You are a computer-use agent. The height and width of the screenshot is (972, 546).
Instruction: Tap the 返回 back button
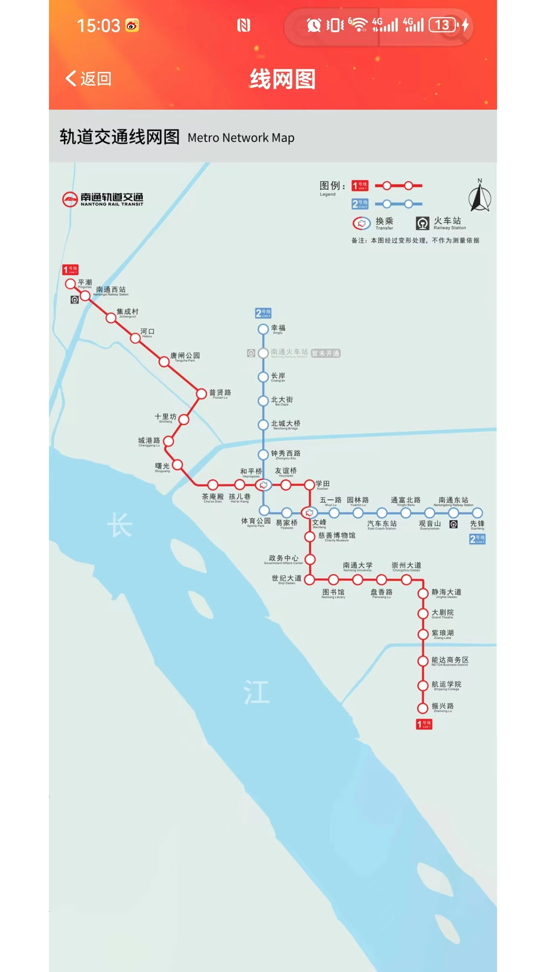pyautogui.click(x=88, y=79)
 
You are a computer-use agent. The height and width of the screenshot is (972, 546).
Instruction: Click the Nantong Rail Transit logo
pyautogui.click(x=103, y=199)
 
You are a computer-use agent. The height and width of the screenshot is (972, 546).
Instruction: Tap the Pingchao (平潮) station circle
pyautogui.click(x=71, y=284)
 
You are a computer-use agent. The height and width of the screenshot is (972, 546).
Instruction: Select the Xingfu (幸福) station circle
pyautogui.click(x=263, y=329)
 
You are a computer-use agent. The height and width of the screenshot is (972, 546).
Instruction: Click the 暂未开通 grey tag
pyautogui.click(x=326, y=353)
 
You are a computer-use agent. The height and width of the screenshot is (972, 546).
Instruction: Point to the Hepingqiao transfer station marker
pyautogui.click(x=263, y=485)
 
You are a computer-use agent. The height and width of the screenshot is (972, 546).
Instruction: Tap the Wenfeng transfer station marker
pyautogui.click(x=309, y=513)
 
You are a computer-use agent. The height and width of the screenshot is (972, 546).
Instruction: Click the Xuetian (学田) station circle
pyautogui.click(x=310, y=485)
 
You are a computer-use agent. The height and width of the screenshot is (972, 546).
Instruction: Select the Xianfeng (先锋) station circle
pyautogui.click(x=478, y=513)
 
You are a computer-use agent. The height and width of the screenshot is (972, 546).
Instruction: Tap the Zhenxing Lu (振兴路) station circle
pyautogui.click(x=423, y=708)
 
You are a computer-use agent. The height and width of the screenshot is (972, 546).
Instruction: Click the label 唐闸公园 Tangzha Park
pyautogui.click(x=185, y=356)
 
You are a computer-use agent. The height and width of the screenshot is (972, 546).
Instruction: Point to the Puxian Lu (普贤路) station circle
pyautogui.click(x=202, y=393)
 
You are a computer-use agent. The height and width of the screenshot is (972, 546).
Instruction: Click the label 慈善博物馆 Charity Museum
pyautogui.click(x=336, y=537)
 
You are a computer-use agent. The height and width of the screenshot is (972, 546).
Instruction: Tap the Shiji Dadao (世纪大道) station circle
pyautogui.click(x=310, y=579)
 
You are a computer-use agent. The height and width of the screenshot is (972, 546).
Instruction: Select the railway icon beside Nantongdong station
pyautogui.click(x=453, y=524)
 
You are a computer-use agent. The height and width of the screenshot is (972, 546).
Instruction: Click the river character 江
pyautogui.click(x=256, y=692)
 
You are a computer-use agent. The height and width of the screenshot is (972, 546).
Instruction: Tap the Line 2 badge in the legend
pyautogui.click(x=360, y=204)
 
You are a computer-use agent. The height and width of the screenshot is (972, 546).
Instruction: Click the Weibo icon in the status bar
pyautogui.click(x=132, y=26)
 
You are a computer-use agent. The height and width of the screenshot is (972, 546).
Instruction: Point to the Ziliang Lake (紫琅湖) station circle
pyautogui.click(x=423, y=634)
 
